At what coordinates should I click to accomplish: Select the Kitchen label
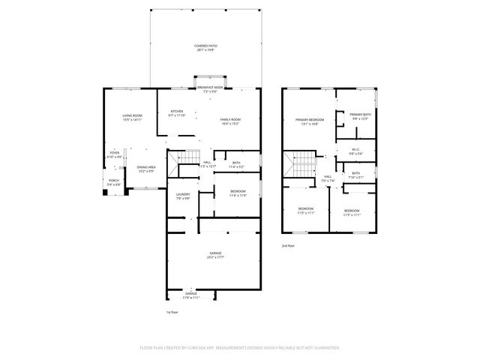176,111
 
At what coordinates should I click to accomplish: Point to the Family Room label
229,120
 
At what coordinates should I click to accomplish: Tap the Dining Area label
146,167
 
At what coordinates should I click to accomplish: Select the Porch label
114,181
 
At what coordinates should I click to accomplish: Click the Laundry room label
182,196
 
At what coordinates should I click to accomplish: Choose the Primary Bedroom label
309,120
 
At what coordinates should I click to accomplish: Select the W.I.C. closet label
355,150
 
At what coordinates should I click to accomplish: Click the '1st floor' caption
172,311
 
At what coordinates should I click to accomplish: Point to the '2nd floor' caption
289,245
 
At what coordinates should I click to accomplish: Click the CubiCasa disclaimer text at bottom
240,347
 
